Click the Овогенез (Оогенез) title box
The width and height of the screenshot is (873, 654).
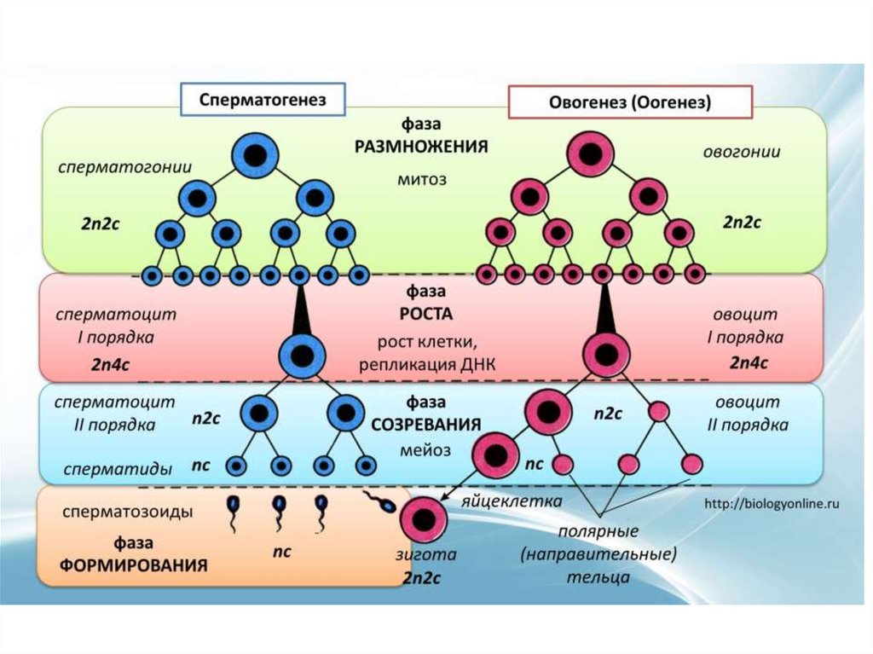630,101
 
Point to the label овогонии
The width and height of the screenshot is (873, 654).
741,151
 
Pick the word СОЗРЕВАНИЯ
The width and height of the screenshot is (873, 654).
426,424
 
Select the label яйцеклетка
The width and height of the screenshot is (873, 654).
511,501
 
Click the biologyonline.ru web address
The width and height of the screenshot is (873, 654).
772,504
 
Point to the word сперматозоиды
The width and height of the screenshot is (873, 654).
128,513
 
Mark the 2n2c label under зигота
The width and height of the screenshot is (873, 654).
421,578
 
